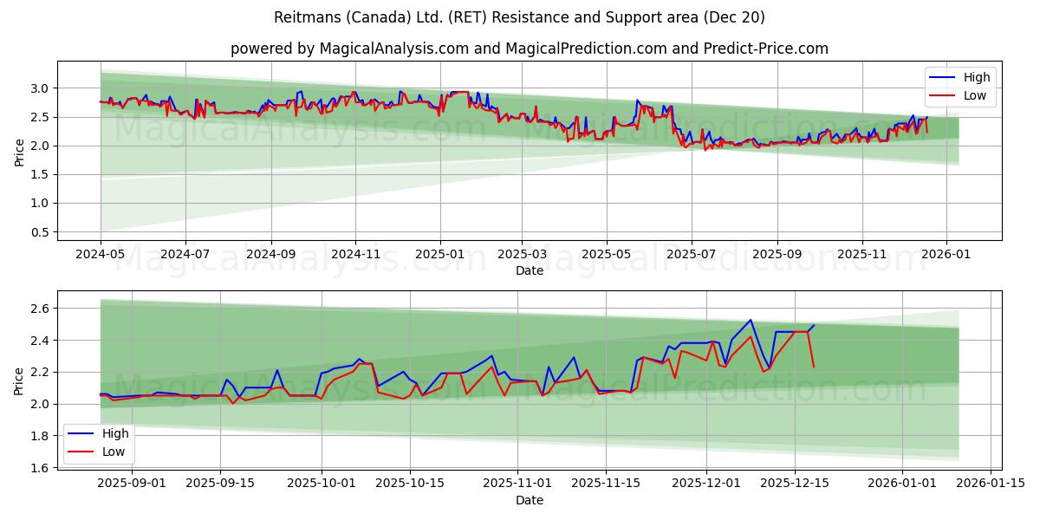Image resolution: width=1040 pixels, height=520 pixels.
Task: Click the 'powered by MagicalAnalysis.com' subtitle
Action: (x=530, y=49)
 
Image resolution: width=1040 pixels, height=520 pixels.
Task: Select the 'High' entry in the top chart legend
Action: (x=975, y=77)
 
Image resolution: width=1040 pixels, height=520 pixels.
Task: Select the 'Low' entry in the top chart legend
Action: (x=974, y=95)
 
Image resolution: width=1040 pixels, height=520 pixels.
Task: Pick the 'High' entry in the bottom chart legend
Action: (x=115, y=433)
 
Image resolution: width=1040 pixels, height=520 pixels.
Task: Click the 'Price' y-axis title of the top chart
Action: (x=19, y=152)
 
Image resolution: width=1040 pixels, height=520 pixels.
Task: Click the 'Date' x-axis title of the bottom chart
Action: (x=530, y=500)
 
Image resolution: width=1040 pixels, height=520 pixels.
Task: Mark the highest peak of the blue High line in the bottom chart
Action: (x=751, y=320)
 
